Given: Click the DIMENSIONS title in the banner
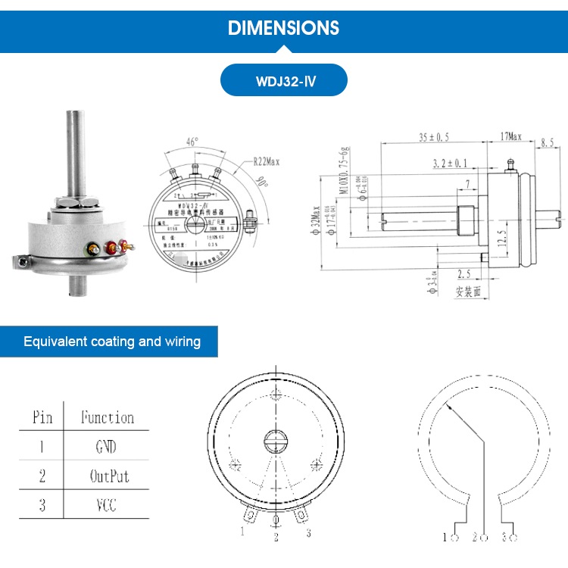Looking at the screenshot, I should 284,28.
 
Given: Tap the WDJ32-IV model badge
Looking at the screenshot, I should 284,80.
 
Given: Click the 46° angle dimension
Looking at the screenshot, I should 192,142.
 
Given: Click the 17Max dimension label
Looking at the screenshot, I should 510,137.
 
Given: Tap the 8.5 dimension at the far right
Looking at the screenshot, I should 548,142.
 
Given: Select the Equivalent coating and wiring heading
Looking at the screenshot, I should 112,342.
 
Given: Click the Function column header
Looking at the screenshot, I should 107,417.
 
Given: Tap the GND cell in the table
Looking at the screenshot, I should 106,447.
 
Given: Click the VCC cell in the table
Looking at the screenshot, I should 106,505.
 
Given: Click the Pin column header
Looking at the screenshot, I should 42,417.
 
